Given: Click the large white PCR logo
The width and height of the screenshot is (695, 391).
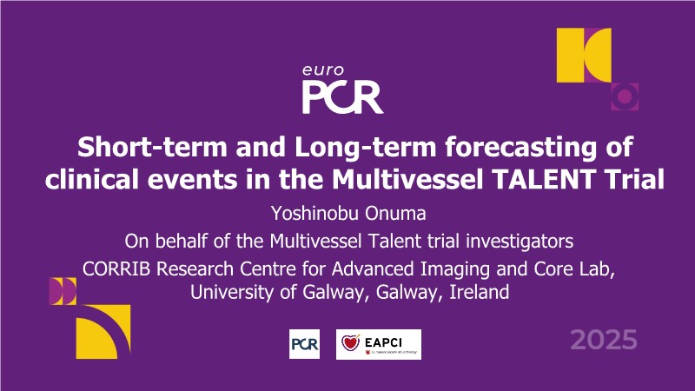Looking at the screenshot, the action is coord(342,97).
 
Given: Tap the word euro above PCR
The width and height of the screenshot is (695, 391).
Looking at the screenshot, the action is coord(323,70).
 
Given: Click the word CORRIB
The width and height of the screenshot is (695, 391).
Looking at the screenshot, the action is coord(116,269).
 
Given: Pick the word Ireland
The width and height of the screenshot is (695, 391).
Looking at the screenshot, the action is coord(480,293).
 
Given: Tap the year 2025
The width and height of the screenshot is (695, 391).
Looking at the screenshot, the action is coord(604,340).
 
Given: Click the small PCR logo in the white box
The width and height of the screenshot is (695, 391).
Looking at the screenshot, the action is coord(305,344).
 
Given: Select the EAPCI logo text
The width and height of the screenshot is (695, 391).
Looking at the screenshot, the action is coord(383,342).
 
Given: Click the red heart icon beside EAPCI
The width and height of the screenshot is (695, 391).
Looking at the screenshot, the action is coord(351,342).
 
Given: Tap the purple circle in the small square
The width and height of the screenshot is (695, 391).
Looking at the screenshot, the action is coord(625,96).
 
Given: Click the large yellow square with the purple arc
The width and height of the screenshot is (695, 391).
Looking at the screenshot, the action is coord(103,332).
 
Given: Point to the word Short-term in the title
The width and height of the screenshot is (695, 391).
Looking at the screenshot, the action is coord(153,148).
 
